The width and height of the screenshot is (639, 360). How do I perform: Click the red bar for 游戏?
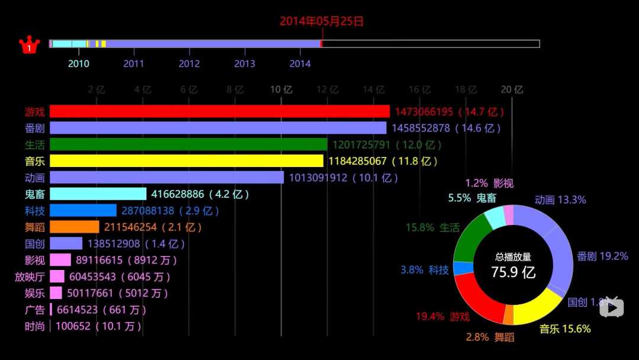pyautogui.click(x=220, y=111)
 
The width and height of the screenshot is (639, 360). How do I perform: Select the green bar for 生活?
pyautogui.click(x=188, y=144)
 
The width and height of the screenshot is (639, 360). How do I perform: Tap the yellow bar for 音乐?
pyautogui.click(x=186, y=161)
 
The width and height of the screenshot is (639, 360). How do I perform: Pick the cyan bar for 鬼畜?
pyautogui.click(x=98, y=194)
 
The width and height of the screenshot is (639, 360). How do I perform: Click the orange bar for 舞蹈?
pyautogui.click(x=74, y=227)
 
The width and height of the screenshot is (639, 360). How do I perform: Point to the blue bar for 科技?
pyautogui.click(x=83, y=210)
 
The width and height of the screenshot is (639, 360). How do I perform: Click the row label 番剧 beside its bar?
pyautogui.click(x=35, y=128)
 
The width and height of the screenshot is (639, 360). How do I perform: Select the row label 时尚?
pyautogui.click(x=35, y=326)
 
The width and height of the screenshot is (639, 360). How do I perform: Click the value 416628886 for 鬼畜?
pyautogui.click(x=177, y=194)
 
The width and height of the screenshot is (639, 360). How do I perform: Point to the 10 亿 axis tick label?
pyautogui.click(x=281, y=90)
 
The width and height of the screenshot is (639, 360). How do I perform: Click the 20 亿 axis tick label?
pyautogui.click(x=512, y=90)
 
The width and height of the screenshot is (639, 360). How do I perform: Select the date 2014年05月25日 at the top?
pyautogui.click(x=321, y=21)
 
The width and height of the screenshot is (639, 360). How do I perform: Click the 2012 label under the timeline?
pyautogui.click(x=189, y=64)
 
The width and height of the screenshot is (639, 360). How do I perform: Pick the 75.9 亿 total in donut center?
pyautogui.click(x=513, y=272)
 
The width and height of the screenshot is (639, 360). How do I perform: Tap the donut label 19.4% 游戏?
pyautogui.click(x=442, y=317)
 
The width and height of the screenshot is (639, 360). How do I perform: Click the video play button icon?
pyautogui.click(x=612, y=307)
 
